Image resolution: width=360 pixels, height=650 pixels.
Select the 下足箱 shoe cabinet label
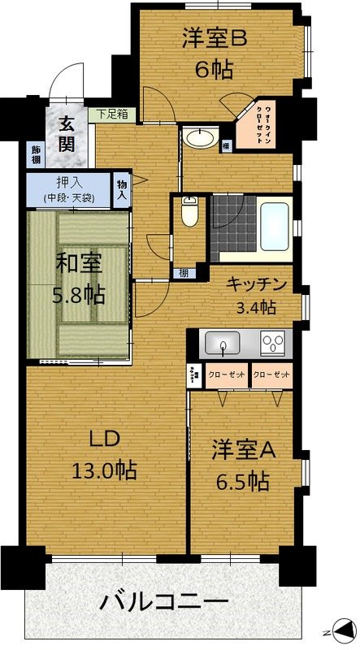coord(112,114)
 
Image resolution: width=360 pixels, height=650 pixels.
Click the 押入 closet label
coord(68,182)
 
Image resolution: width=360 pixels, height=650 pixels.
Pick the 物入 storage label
coord(122,189)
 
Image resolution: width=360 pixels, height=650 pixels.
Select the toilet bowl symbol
coord(189,213)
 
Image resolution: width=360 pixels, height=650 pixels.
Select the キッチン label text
coord(256,284)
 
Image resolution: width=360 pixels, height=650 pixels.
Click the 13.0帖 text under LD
coord(102,469)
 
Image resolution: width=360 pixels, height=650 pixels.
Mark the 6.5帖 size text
coord(241,481)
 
